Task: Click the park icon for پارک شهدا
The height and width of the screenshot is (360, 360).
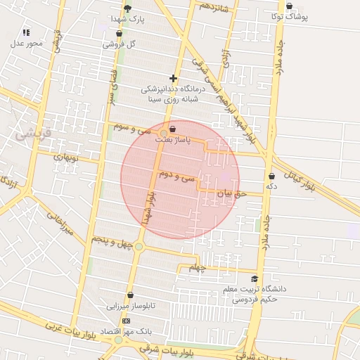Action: [x=127, y=8]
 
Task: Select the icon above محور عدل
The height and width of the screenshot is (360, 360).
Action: [x=26, y=32]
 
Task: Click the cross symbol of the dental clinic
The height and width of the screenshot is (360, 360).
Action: [x=173, y=78]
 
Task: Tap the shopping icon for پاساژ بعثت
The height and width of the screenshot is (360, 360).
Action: [x=173, y=129]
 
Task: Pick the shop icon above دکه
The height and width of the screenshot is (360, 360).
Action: [x=271, y=176]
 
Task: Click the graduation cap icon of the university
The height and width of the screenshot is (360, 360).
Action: [x=255, y=279]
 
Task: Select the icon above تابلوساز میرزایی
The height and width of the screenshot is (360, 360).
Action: [x=130, y=295]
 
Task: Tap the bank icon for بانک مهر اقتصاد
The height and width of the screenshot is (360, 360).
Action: [x=126, y=321]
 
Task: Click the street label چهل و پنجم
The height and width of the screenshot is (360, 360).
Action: [x=112, y=241]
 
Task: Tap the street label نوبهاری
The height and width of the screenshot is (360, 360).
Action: [x=68, y=156]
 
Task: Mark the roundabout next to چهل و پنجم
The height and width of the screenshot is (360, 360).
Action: [x=139, y=246]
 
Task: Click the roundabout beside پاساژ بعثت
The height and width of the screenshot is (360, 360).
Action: [x=164, y=133]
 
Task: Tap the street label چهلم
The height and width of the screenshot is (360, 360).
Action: [x=195, y=268]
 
